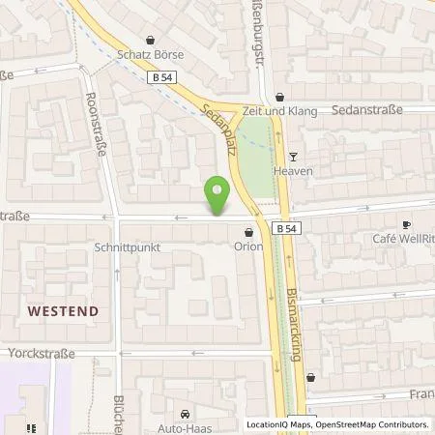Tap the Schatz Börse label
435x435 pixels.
pyautogui.click(x=149, y=55)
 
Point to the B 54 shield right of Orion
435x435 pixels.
pyautogui.click(x=284, y=229)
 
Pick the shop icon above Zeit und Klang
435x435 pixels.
pyautogui.click(x=280, y=97)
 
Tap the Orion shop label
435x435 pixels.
pyautogui.click(x=248, y=246)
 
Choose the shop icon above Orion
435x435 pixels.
pyautogui.click(x=248, y=233)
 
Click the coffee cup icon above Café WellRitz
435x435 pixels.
pyautogui.click(x=406, y=224)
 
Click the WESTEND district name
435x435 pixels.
pyautogui.click(x=63, y=311)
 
